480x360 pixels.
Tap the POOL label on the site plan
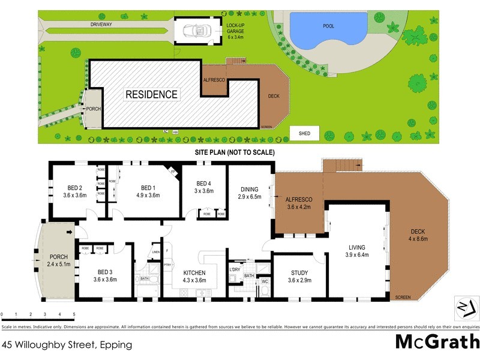tap(328, 26)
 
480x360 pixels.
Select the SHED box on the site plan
tap(305, 133)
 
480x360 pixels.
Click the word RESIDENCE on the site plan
tap(151, 94)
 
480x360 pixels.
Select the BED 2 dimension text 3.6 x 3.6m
tap(74, 194)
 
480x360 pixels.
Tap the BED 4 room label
tap(205, 184)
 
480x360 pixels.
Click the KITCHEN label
tap(194, 273)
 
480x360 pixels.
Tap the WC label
tap(265, 281)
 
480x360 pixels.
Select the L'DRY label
tap(235, 269)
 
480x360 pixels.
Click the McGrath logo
tap(436, 341)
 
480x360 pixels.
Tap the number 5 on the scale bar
tap(74, 314)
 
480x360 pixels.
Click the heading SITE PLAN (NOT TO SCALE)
tap(235, 152)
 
